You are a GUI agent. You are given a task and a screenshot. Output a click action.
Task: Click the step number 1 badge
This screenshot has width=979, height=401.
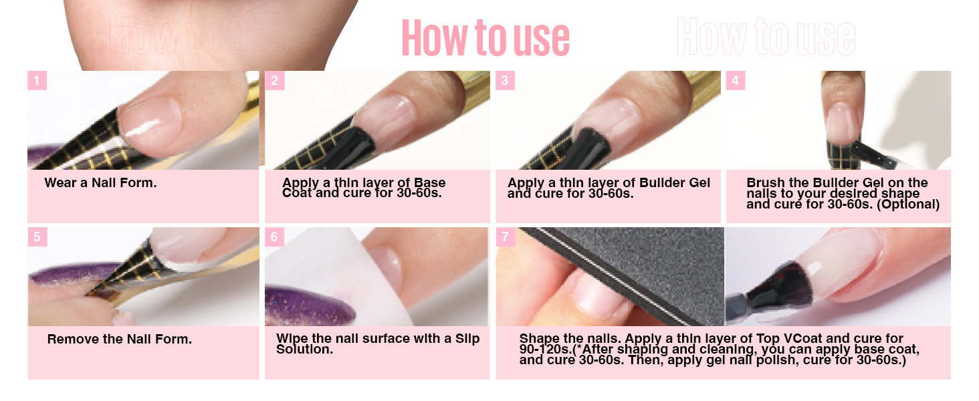[37, 81]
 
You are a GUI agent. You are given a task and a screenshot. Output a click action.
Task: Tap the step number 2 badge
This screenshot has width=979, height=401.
[274, 81]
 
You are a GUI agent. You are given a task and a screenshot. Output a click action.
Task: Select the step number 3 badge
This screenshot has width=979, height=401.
[505, 81]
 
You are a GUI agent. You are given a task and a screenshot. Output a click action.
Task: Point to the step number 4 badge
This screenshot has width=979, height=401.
[736, 81]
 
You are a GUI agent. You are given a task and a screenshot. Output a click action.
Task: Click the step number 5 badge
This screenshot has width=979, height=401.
[37, 237]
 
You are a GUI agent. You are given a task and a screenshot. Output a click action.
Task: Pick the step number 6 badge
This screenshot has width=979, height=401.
[274, 237]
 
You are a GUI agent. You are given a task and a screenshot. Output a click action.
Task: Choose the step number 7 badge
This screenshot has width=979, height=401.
[505, 237]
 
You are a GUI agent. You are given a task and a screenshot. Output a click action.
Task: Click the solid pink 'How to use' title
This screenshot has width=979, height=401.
[485, 37]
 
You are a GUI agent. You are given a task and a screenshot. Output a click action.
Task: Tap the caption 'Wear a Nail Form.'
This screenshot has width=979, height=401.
[100, 182]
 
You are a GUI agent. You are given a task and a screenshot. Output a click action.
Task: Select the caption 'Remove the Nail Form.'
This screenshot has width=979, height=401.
[119, 339]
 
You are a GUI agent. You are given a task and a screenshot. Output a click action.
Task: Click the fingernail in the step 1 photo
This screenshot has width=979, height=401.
[150, 118]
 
